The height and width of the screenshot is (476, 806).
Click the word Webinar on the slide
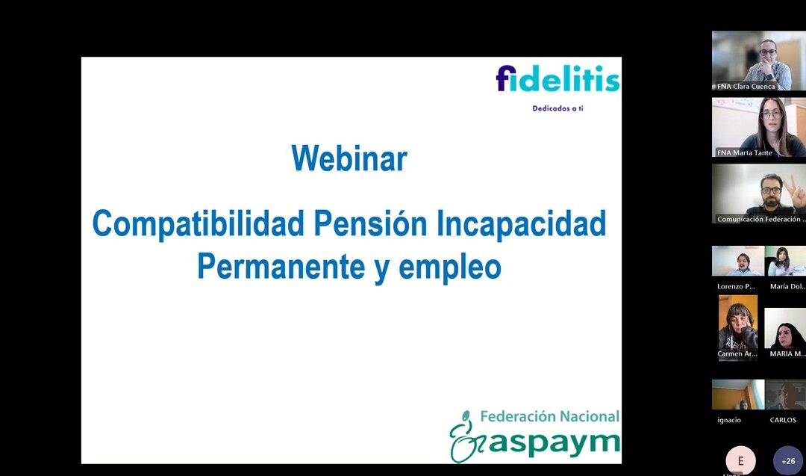pyautogui.click(x=349, y=159)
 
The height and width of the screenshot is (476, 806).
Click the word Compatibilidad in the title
pyautogui.click(x=199, y=223)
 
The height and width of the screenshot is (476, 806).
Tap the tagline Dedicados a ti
pyautogui.click(x=557, y=108)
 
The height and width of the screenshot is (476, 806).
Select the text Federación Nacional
pyautogui.click(x=550, y=416)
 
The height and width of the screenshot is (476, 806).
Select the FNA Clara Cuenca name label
pyautogui.click(x=746, y=87)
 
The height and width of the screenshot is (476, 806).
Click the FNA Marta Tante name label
pyautogui.click(x=744, y=152)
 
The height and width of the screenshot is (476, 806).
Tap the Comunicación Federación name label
pyautogui.click(x=759, y=219)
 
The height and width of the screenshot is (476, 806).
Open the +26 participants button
pyautogui.click(x=788, y=461)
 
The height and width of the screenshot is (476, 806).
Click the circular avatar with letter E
pyautogui.click(x=740, y=461)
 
